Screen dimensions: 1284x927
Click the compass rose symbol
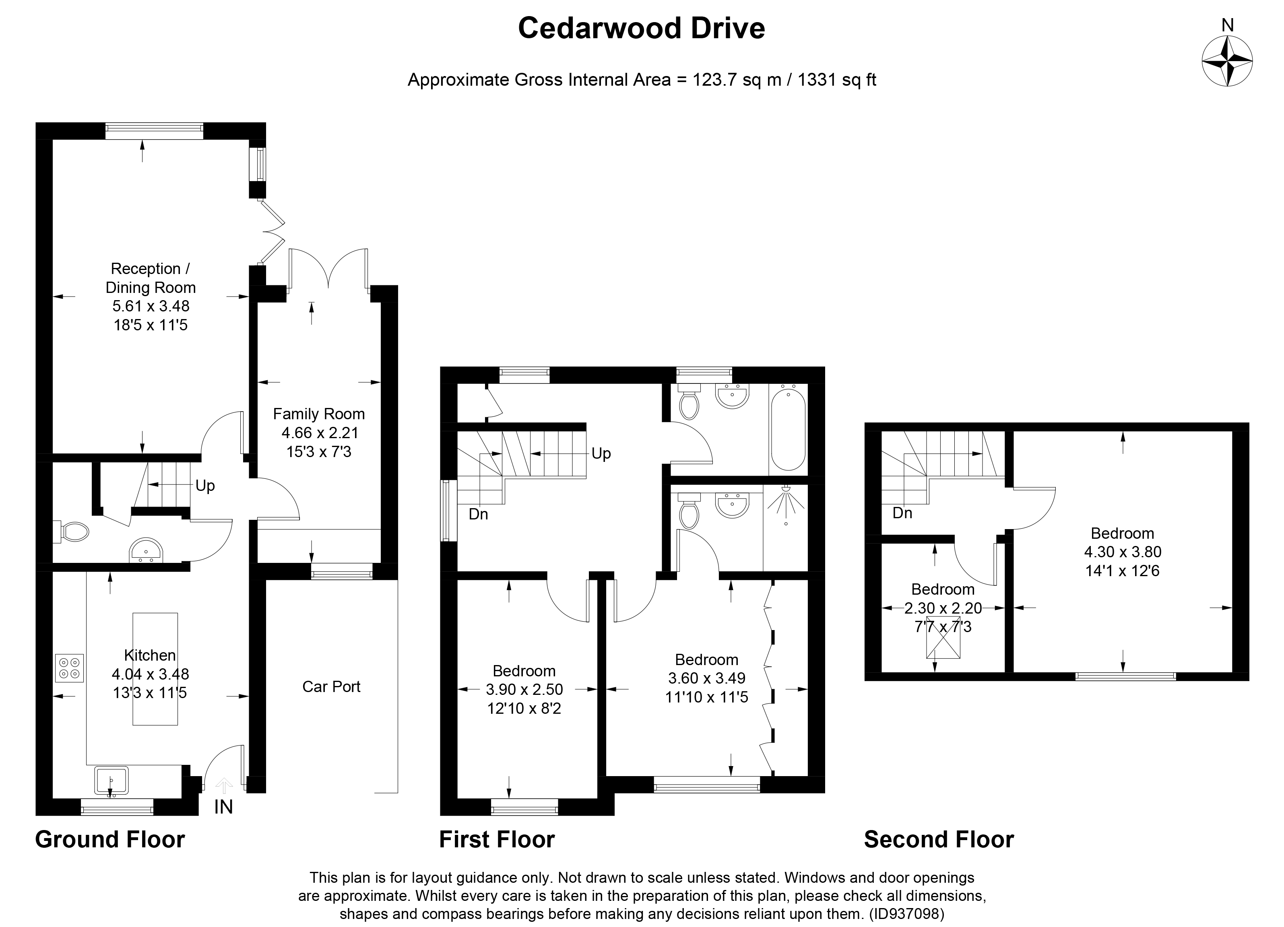(1227, 61)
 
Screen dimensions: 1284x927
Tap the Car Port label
(331, 686)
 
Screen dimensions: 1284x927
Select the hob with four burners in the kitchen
(70, 668)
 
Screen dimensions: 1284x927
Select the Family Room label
(319, 414)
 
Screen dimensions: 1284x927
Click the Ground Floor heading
(110, 840)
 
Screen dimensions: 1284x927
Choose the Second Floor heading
(939, 840)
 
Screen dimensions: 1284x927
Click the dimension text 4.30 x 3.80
(1122, 552)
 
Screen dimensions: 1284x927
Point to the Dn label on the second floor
(902, 513)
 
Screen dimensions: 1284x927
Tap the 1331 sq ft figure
(837, 80)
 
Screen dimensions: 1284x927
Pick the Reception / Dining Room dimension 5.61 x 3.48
(151, 306)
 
